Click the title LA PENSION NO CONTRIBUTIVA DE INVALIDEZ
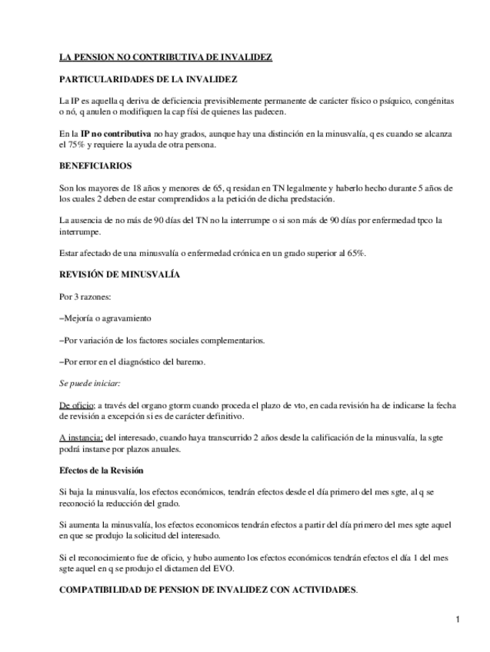[165, 58]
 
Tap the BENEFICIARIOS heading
[95, 165]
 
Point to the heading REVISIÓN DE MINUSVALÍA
[120, 274]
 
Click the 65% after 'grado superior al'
[354, 252]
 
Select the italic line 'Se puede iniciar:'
[89, 382]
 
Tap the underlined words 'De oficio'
[76, 404]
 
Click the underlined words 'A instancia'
[80, 437]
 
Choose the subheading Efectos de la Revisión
[102, 470]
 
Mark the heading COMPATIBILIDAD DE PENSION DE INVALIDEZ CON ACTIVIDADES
[208, 589]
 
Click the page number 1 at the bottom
[457, 620]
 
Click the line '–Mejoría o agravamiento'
[105, 318]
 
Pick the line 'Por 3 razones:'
[86, 296]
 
